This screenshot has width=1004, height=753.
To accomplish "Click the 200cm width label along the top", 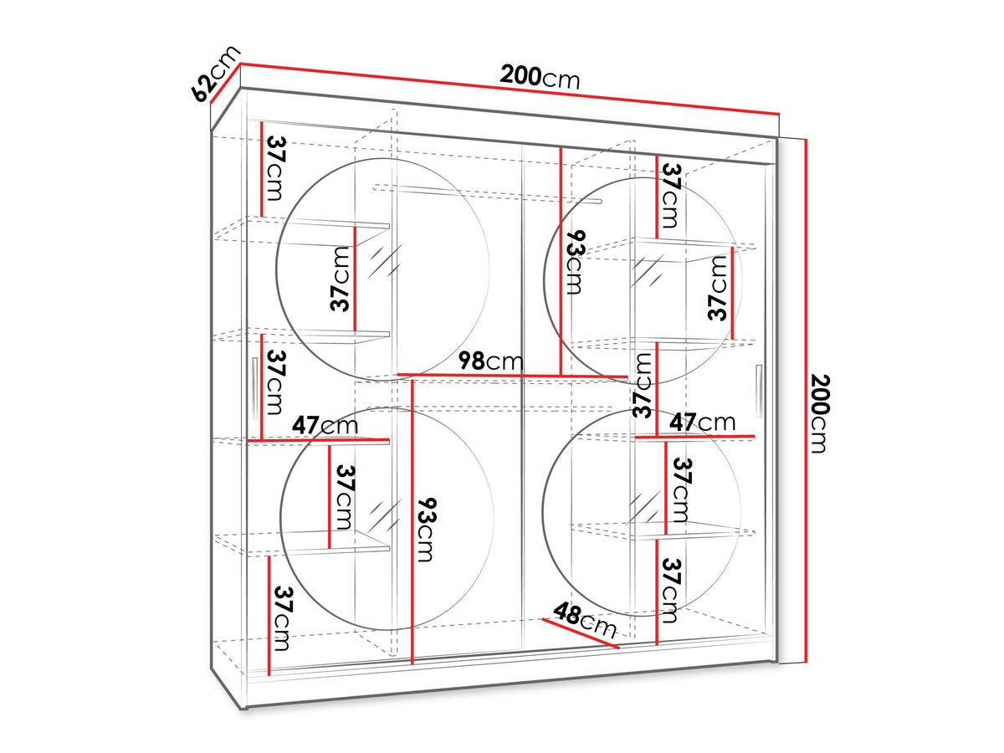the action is [540, 77].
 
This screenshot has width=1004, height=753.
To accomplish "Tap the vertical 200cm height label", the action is [819, 413].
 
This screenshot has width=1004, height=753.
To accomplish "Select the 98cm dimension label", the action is [491, 361].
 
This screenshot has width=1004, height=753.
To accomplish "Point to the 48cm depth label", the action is [585, 621].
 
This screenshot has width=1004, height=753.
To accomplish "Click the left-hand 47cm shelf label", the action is [325, 425].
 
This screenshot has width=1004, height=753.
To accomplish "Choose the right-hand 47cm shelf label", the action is [702, 422].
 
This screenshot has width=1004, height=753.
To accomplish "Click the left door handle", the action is [254, 387].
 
